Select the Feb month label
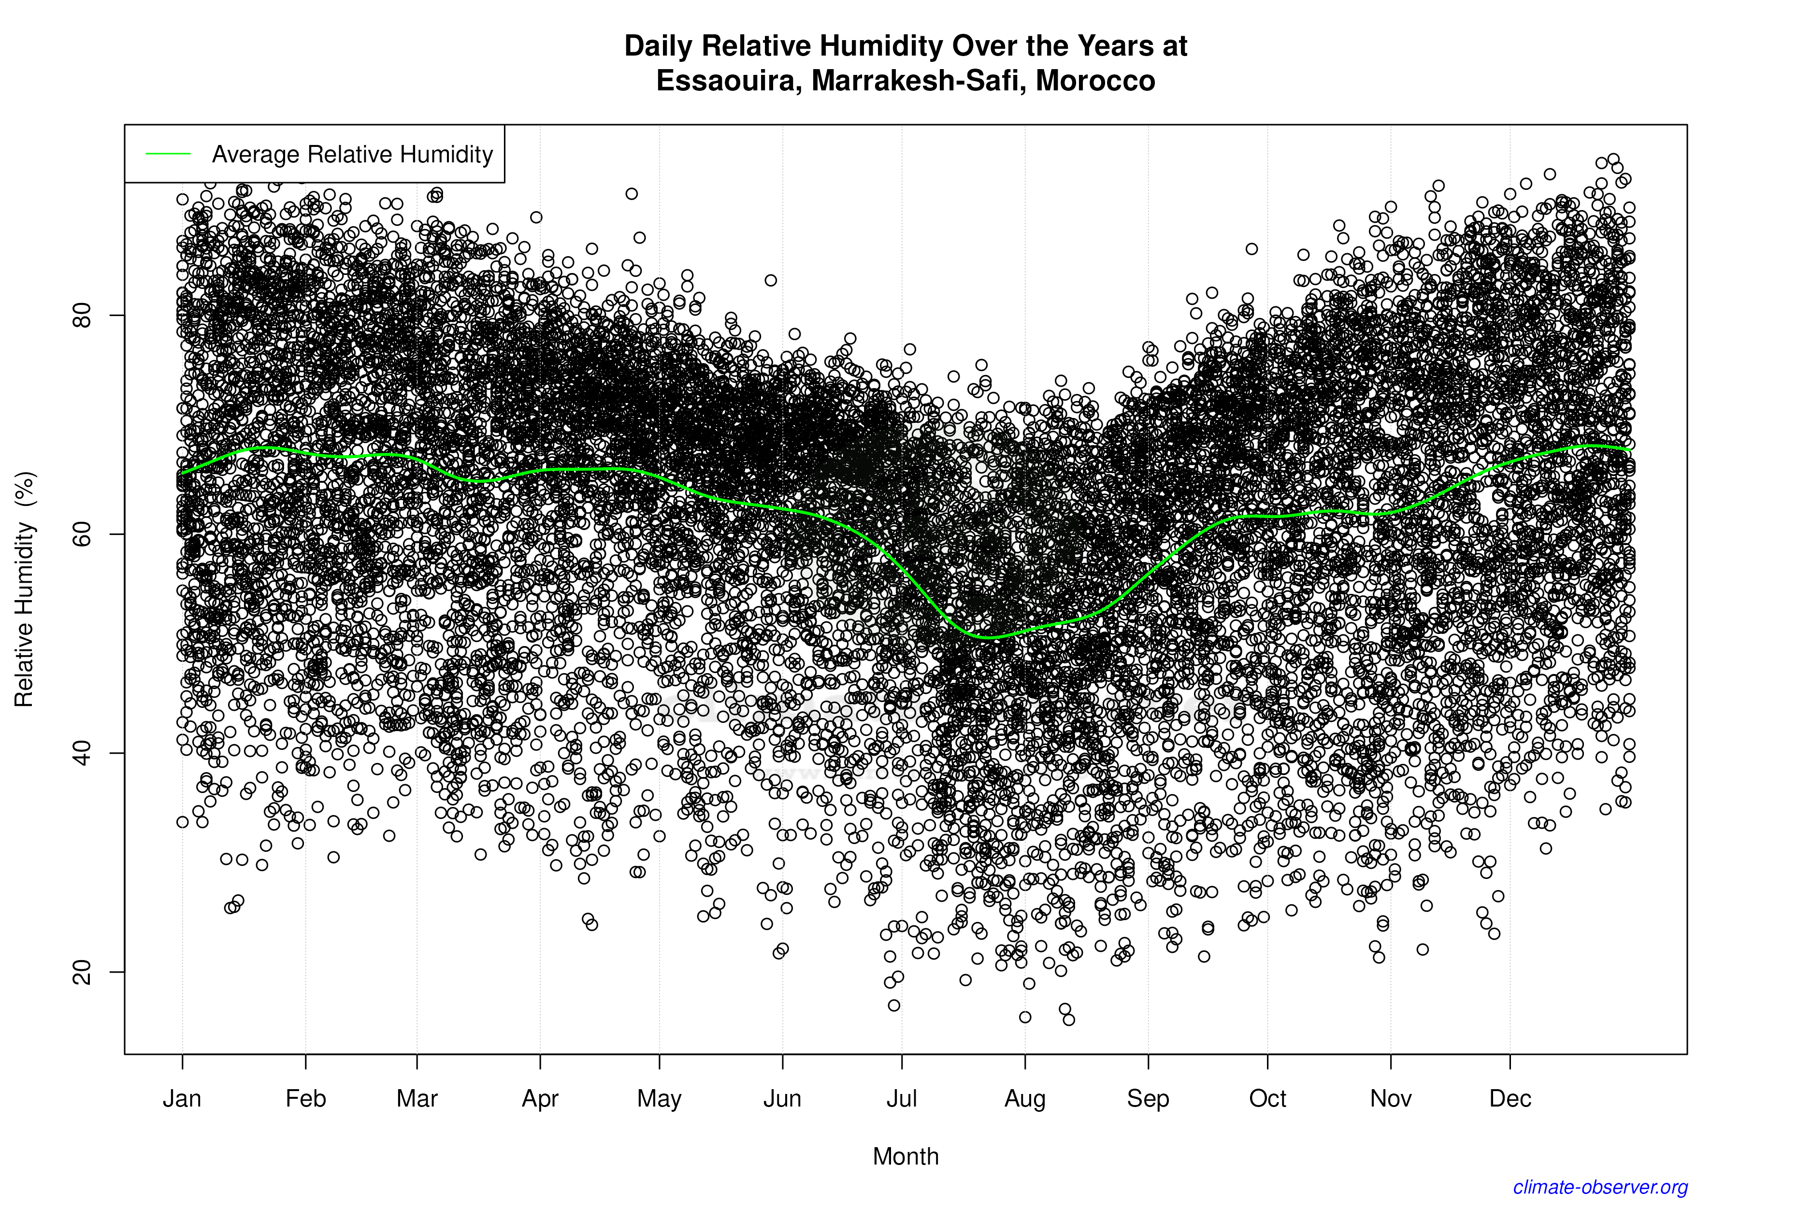point(306,1099)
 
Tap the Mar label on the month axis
point(417,1099)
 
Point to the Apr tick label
point(540,1099)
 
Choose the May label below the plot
point(660,1099)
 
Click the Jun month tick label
point(783,1099)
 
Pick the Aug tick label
point(1025,1099)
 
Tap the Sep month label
point(1148,1099)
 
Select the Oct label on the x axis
point(1267,1099)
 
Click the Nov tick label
point(1391,1099)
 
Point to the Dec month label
point(1510,1099)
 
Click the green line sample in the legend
point(168,154)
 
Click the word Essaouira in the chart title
point(724,81)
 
